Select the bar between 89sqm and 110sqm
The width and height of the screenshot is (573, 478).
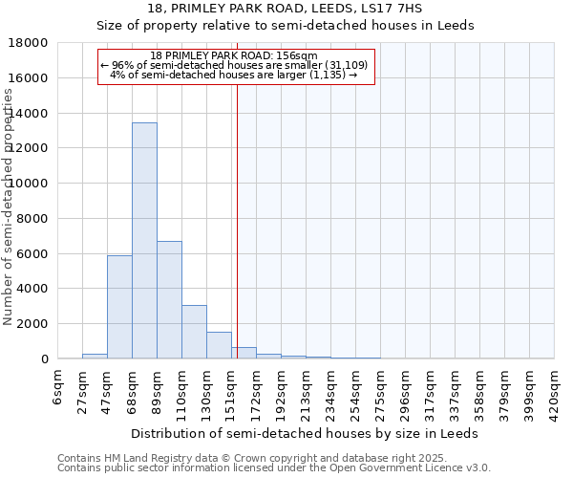pos(169,300)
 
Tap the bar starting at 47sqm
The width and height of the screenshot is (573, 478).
pos(119,307)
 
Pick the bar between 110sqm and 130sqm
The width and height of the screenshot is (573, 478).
pos(194,332)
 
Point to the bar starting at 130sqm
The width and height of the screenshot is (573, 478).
pos(219,345)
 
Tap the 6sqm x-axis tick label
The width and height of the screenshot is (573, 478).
pos(58,387)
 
